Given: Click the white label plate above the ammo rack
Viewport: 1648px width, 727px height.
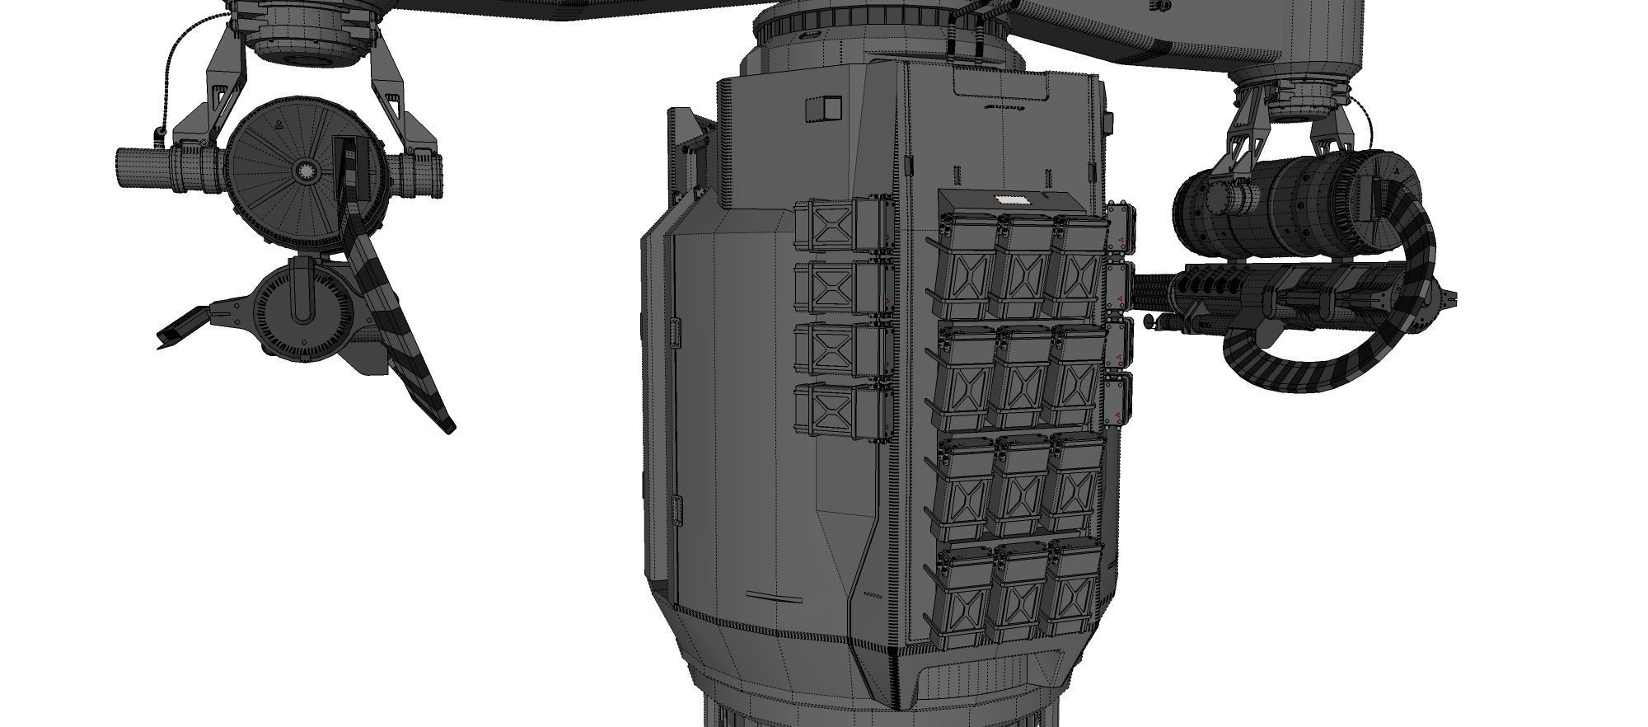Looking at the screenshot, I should click(1011, 200).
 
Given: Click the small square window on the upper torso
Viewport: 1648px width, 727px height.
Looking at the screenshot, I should click(823, 107).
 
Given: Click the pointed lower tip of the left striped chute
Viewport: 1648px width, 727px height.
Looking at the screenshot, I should click(450, 429).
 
